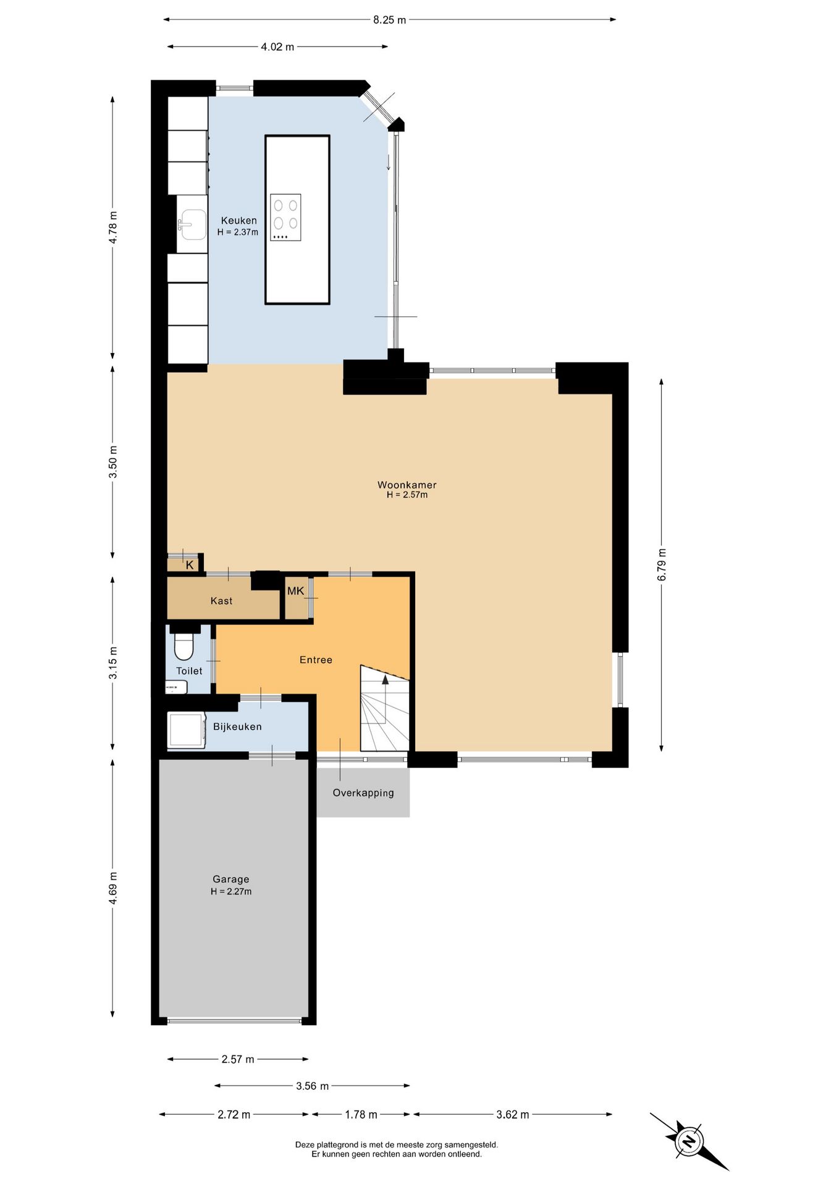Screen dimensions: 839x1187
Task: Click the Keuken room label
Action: [238, 221]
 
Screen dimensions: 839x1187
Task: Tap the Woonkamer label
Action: [407, 485]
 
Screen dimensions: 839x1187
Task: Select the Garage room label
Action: [230, 879]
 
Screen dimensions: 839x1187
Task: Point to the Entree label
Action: [316, 660]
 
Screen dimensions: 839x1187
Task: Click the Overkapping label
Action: [363, 793]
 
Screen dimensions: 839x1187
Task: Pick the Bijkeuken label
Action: [237, 727]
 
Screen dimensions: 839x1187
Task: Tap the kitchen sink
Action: [192, 224]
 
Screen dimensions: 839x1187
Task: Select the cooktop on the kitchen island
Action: [285, 217]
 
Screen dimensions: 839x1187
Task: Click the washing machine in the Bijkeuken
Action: [186, 730]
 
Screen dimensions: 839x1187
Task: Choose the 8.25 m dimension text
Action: [389, 20]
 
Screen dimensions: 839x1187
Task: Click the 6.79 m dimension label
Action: [662, 564]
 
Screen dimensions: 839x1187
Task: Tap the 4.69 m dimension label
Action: [113, 888]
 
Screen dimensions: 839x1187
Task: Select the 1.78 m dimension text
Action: [361, 1115]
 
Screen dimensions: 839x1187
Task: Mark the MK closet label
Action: [295, 591]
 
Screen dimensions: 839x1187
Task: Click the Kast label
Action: [221, 601]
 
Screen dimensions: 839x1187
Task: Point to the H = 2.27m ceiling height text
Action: [231, 891]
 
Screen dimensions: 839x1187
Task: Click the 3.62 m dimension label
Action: [512, 1115]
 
